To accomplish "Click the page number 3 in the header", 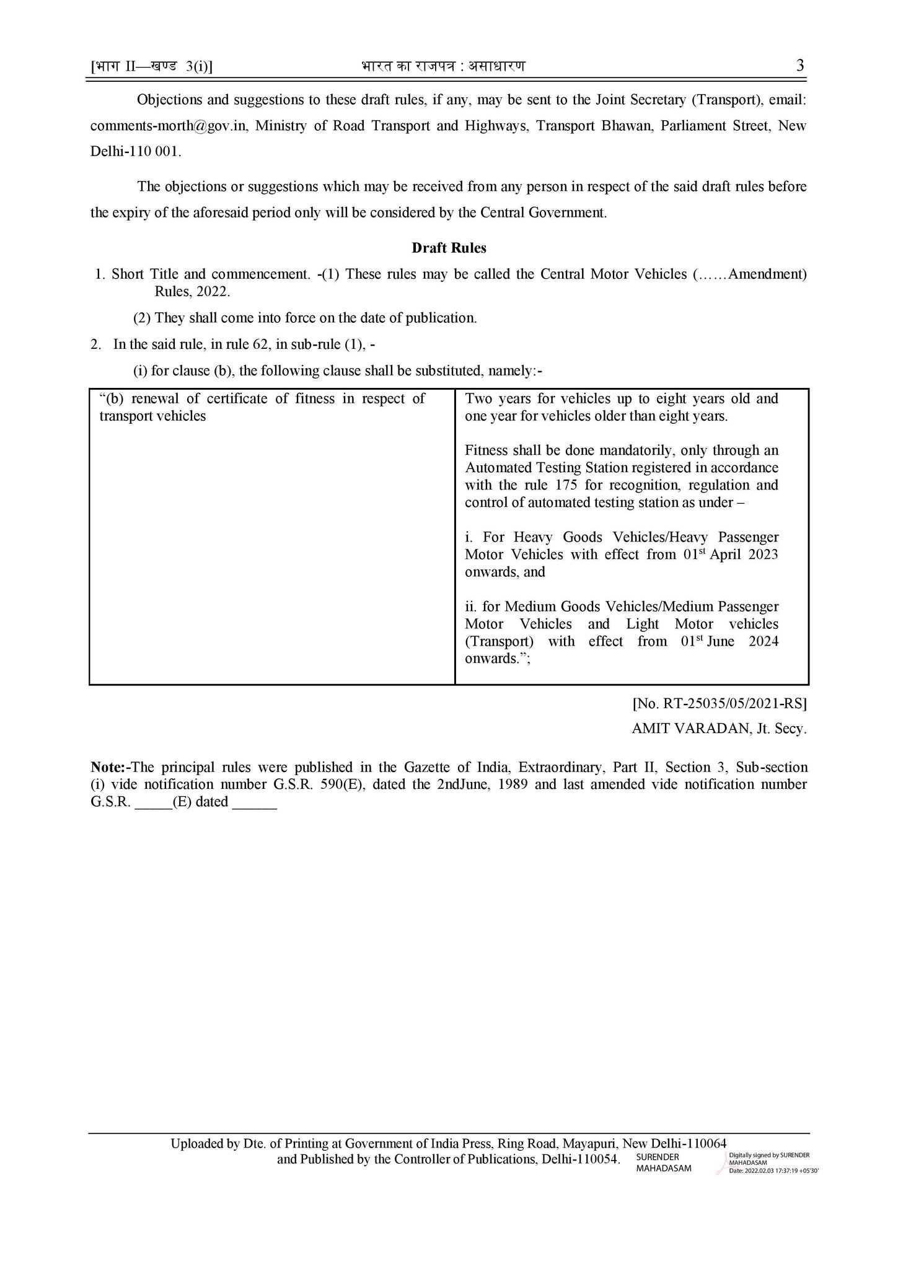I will [799, 66].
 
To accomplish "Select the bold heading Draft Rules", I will [449, 248].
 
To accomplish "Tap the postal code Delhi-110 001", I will [136, 152].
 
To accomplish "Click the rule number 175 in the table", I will [566, 485].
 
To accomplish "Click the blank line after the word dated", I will [255, 802].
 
